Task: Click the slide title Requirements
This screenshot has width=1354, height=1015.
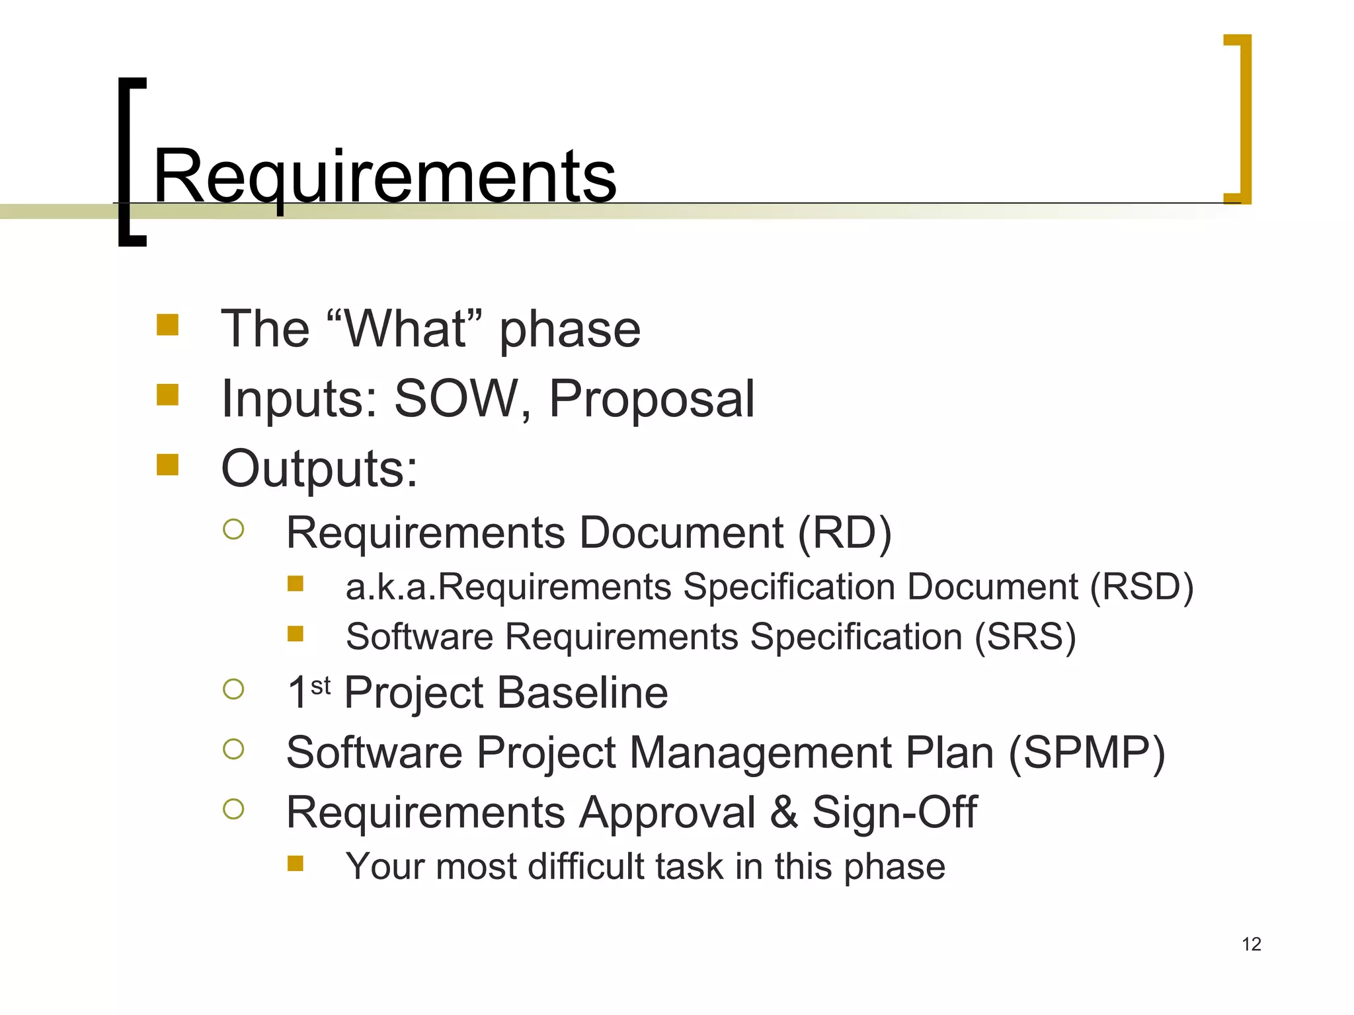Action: [x=385, y=177]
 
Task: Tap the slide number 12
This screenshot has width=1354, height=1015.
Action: [x=1251, y=944]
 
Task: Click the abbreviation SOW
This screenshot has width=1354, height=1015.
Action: [x=456, y=398]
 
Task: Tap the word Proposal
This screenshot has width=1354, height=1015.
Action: [x=651, y=398]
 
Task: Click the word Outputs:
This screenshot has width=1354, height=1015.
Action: [x=319, y=469]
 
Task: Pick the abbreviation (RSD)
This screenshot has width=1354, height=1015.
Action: [x=1141, y=587]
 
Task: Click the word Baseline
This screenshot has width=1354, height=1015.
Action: [x=582, y=693]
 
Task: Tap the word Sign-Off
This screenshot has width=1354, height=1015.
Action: [x=894, y=812]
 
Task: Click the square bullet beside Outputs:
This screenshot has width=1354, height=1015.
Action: [x=167, y=465]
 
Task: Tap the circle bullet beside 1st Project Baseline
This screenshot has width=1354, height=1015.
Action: [x=233, y=689]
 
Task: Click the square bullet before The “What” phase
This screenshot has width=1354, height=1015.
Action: [x=167, y=324]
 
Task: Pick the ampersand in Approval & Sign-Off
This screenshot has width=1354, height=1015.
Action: [x=783, y=812]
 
